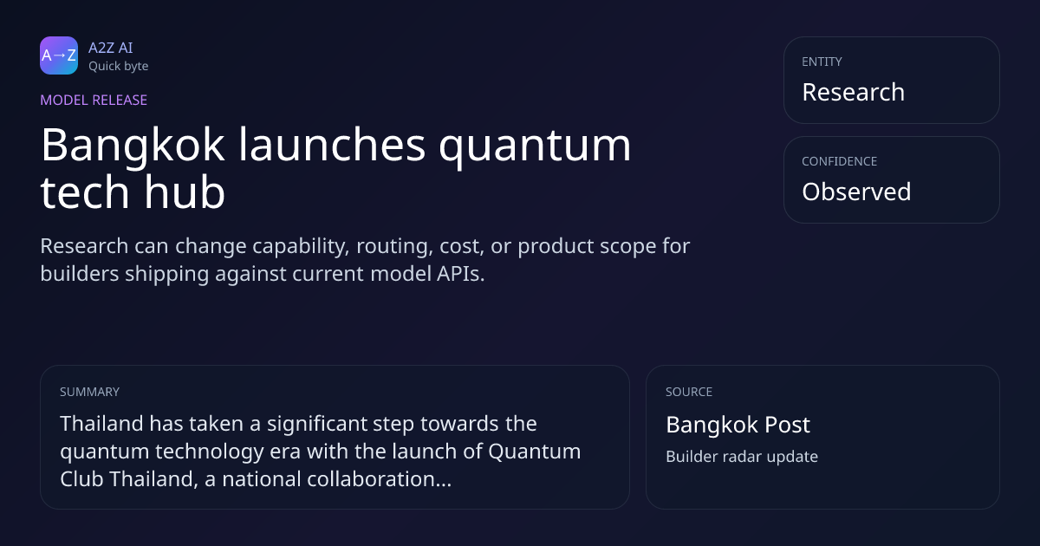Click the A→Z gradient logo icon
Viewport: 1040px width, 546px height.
(59, 55)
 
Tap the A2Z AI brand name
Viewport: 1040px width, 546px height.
(111, 48)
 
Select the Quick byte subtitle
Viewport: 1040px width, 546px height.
(119, 67)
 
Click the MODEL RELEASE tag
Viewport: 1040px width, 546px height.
(94, 100)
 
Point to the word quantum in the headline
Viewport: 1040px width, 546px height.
(535, 146)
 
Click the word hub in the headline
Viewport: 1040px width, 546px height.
(185, 192)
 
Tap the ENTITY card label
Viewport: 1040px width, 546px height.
(822, 62)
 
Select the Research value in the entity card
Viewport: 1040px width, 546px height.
(854, 92)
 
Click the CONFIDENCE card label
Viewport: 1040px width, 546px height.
(840, 161)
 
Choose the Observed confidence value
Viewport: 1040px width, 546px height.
(856, 192)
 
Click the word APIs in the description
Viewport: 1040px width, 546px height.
(460, 274)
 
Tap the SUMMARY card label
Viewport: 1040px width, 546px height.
(89, 392)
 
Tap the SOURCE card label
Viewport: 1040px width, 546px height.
(689, 392)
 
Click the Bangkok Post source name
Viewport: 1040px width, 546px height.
(738, 426)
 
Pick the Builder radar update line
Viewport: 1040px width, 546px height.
(742, 457)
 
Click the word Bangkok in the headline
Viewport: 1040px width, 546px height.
(133, 146)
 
